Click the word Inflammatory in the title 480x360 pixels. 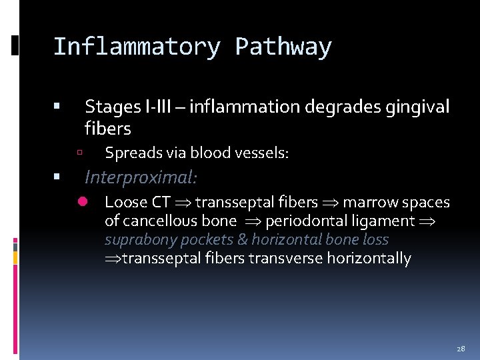pyautogui.click(x=136, y=47)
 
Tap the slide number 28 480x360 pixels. pyautogui.click(x=461, y=349)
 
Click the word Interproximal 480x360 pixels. pyautogui.click(x=141, y=177)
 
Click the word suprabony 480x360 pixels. pyautogui.click(x=137, y=240)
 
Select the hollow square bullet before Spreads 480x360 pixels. pyautogui.click(x=79, y=153)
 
